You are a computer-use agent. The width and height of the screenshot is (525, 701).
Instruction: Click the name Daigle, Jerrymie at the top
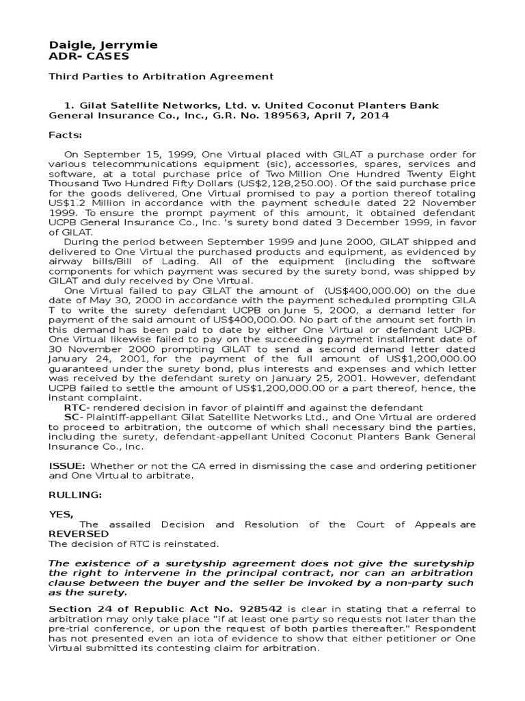coord(103,44)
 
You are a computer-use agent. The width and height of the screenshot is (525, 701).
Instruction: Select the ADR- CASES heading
coord(88,56)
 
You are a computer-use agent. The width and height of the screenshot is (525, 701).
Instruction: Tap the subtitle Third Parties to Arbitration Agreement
coord(161,77)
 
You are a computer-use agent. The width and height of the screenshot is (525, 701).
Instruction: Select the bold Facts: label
coord(65,135)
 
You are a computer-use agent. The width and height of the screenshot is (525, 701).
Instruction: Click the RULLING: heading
coord(75,495)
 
